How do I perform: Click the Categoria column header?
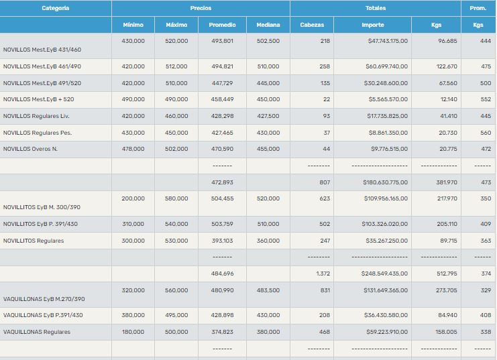55,8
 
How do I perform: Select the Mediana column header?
268,25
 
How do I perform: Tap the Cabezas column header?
312,25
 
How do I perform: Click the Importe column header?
373,25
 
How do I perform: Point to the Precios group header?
201,8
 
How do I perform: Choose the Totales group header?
375,8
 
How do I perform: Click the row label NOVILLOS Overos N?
30,149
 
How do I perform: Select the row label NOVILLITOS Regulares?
34,241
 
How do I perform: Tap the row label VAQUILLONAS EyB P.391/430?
43,315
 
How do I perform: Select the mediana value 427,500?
268,115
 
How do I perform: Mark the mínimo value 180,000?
133,331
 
